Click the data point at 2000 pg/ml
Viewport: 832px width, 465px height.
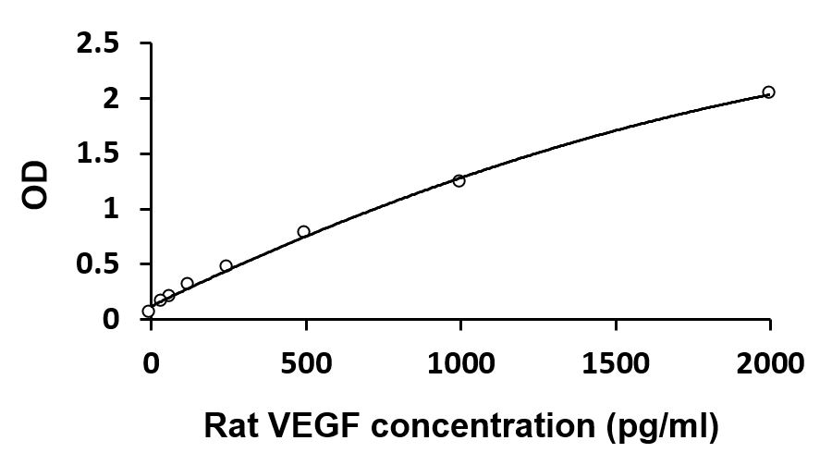768,92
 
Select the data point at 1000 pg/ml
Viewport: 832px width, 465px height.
459,180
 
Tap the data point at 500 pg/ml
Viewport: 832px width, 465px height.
303,231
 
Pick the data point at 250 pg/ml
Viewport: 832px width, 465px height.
226,265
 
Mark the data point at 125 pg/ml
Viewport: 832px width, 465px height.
187,284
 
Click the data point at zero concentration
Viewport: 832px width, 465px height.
148,311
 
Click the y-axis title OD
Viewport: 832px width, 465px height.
35,183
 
